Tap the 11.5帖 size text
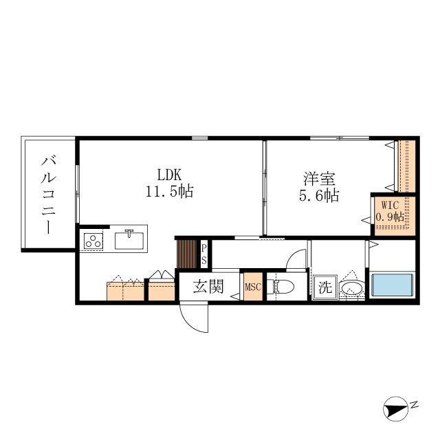tap(168, 192)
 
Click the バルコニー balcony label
tap(49, 195)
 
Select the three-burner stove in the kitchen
tap(93, 241)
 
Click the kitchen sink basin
tap(129, 240)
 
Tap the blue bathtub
tap(392, 285)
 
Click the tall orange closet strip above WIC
tap(406, 166)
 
